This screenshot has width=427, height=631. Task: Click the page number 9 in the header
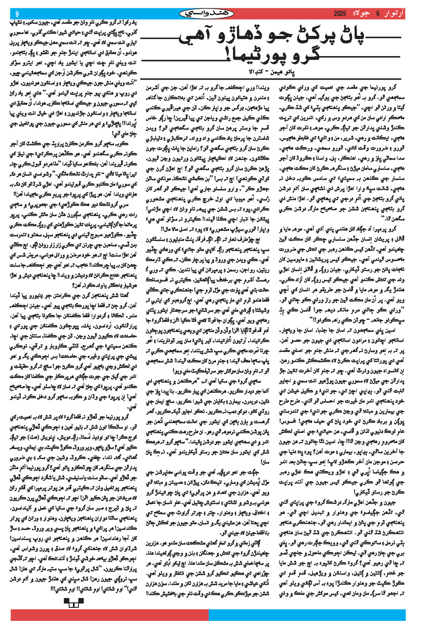tap(17, 14)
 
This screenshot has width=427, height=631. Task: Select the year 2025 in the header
tap(340, 14)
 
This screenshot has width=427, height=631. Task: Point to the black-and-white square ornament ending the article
tap(73, 602)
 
